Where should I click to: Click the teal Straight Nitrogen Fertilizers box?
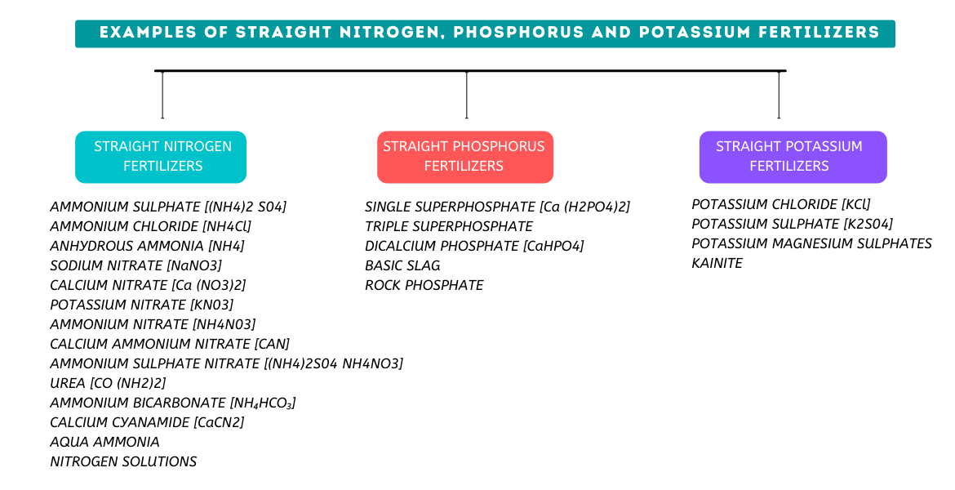coord(161,157)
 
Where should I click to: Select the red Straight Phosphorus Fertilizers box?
coord(464,157)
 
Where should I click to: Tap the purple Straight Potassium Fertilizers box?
coord(792,157)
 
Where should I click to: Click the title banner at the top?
coord(485,33)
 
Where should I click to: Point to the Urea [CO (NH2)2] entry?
coord(108,383)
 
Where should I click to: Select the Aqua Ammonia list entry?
coord(104,442)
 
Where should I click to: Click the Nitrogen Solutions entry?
coord(123,461)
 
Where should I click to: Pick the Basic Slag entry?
coord(402,265)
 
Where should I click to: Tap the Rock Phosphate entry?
coord(424,285)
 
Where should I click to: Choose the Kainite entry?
coord(717,263)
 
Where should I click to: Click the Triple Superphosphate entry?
coord(448,226)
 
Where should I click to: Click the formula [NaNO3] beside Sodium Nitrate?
coord(194,265)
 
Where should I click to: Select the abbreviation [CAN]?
coord(272,344)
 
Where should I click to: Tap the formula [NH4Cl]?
coord(227,226)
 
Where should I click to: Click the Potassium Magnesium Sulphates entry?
coord(811,243)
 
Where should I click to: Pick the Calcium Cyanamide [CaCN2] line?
coord(147,422)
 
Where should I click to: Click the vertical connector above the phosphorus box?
coord(466,95)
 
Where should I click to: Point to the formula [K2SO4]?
coord(868,224)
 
